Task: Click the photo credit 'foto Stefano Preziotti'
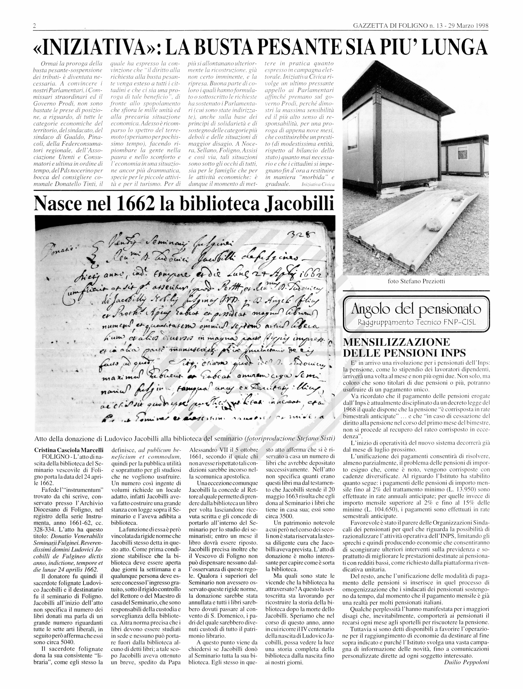pos(416,281)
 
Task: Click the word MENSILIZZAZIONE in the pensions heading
pos(396,342)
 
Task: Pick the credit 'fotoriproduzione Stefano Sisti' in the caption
pos(290,439)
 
